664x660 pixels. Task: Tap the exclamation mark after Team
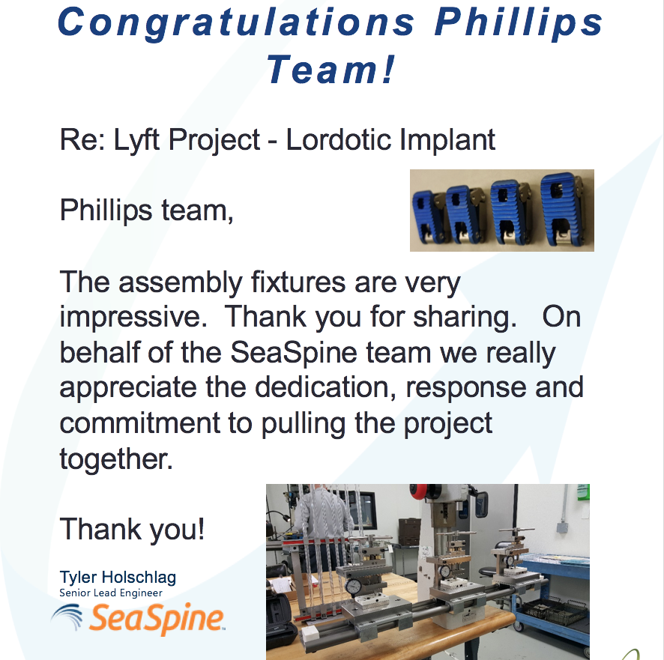[389, 69]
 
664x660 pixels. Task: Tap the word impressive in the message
[134, 318]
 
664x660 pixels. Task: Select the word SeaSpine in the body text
[294, 352]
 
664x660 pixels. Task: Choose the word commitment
[140, 423]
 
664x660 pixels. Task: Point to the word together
[116, 459]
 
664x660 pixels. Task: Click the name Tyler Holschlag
[118, 577]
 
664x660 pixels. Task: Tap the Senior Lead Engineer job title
[110, 593]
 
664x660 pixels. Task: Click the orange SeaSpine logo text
[157, 619]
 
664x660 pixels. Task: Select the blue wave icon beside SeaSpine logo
[67, 617]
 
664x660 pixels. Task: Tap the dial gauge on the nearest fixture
[353, 587]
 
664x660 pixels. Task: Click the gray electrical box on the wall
[562, 527]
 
